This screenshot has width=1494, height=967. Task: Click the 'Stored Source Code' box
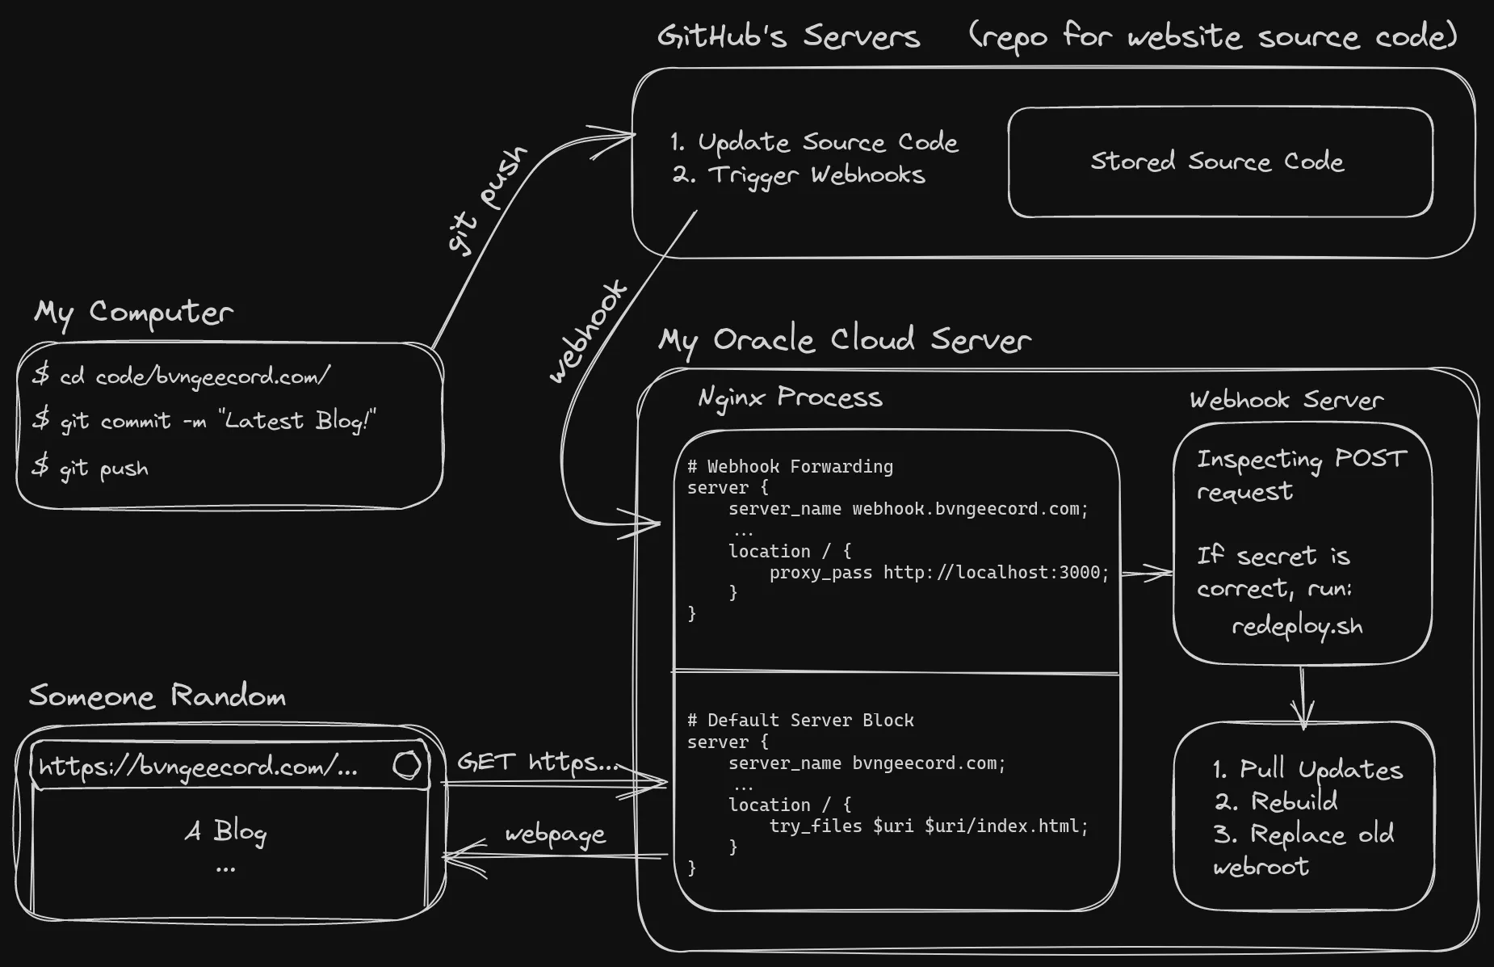[x=1219, y=162]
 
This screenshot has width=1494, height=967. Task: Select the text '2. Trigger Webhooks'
[x=799, y=175]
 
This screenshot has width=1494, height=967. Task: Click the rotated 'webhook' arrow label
[x=588, y=331]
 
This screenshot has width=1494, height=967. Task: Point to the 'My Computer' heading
[x=133, y=313]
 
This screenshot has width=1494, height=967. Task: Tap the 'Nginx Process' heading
[x=790, y=397]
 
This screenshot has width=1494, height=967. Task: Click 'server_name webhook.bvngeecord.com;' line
[x=908, y=509]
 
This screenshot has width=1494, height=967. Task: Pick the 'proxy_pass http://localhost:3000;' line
[x=938, y=573]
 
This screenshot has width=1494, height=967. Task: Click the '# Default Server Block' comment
[x=800, y=720]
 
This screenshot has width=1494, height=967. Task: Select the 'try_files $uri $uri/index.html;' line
[x=928, y=826]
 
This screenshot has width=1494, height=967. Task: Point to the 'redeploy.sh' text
[x=1296, y=627]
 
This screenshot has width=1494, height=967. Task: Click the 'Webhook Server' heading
[x=1286, y=400]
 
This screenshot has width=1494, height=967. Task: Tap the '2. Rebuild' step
[x=1276, y=801]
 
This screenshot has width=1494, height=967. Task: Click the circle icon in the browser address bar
[x=407, y=765]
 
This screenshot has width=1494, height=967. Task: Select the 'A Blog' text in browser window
[x=225, y=831]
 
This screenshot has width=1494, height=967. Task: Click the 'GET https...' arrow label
[x=538, y=763]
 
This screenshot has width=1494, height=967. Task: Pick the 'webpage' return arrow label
[x=555, y=835]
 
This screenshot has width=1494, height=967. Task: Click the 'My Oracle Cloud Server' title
[x=844, y=340]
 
